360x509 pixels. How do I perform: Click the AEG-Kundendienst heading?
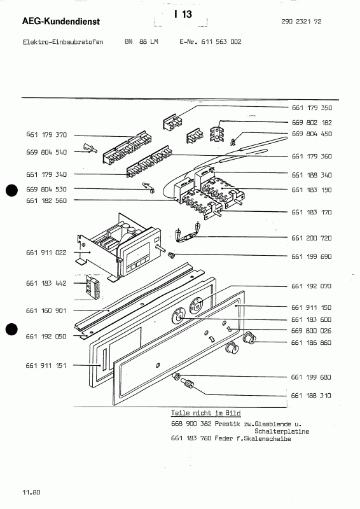(61, 22)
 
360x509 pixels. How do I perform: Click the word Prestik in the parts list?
(227, 424)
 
